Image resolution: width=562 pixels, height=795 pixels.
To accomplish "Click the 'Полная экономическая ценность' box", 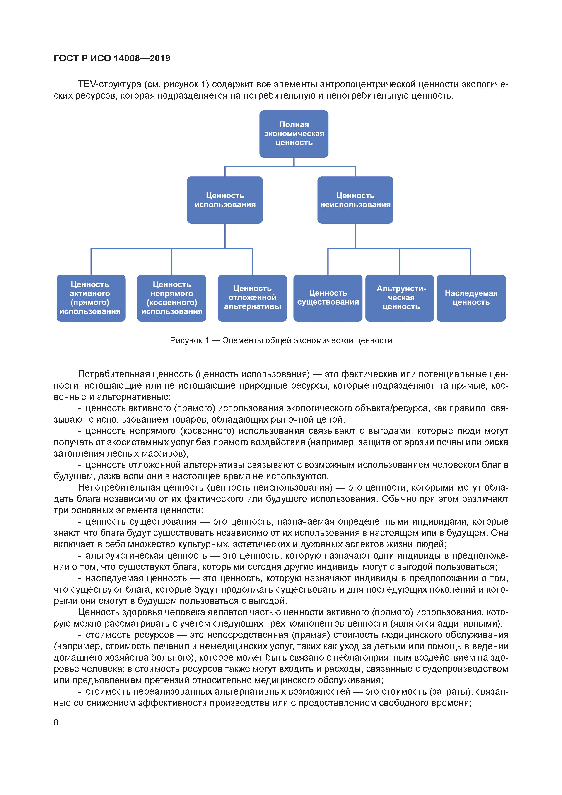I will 294,134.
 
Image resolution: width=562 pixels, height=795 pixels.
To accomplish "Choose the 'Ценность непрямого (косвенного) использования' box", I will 172,298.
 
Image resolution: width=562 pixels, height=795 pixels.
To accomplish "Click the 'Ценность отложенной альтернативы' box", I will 252,298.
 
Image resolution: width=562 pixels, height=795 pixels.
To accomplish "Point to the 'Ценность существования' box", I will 328,298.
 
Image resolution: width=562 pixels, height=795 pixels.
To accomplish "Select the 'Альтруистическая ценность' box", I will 400,298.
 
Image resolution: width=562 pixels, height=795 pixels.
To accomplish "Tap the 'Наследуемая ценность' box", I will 471,298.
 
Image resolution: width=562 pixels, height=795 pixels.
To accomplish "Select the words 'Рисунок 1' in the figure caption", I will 189,340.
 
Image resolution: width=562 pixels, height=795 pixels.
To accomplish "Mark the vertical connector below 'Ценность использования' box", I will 225,236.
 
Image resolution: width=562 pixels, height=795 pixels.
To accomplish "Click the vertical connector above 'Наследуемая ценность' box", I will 471,261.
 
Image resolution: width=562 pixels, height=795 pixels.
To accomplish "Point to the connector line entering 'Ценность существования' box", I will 328,261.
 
